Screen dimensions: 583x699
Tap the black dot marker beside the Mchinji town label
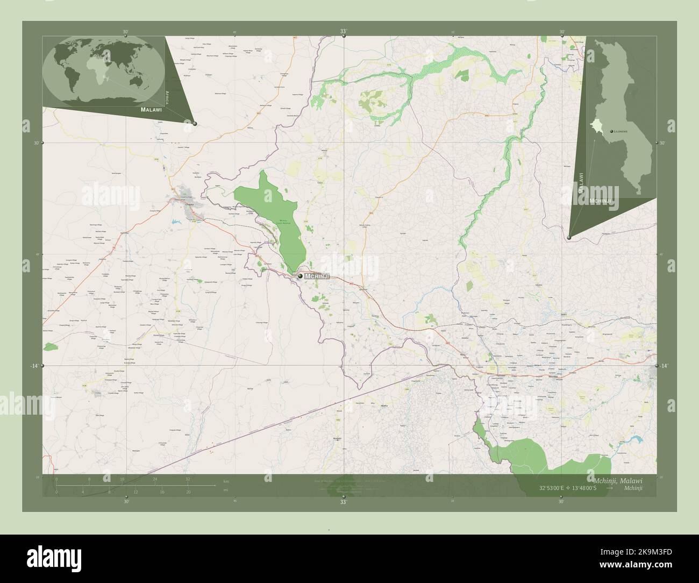coord(300,276)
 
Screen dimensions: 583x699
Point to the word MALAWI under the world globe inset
coord(151,109)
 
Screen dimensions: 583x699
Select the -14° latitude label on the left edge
coord(34,366)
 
